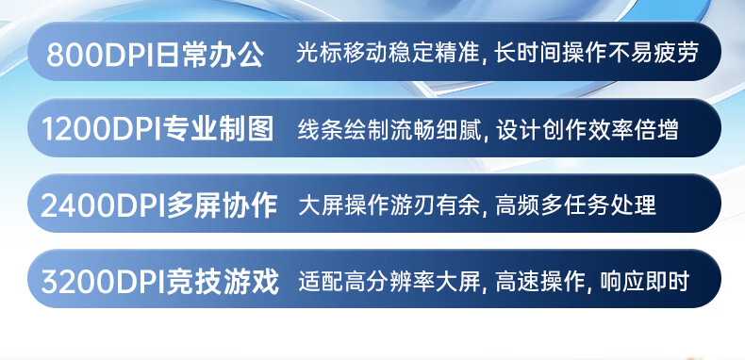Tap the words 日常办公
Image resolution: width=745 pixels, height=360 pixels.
point(210,56)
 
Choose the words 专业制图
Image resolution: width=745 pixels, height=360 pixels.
point(219,129)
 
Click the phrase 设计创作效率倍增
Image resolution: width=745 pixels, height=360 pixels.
point(588,130)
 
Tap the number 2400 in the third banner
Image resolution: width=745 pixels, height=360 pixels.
point(73,206)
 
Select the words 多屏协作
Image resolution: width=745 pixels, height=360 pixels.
point(222,206)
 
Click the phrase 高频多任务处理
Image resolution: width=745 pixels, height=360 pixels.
point(576,205)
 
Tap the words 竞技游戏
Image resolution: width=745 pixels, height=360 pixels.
point(223,282)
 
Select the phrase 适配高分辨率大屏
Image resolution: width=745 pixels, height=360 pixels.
point(389,282)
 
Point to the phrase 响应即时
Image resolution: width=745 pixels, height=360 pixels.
point(644,282)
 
